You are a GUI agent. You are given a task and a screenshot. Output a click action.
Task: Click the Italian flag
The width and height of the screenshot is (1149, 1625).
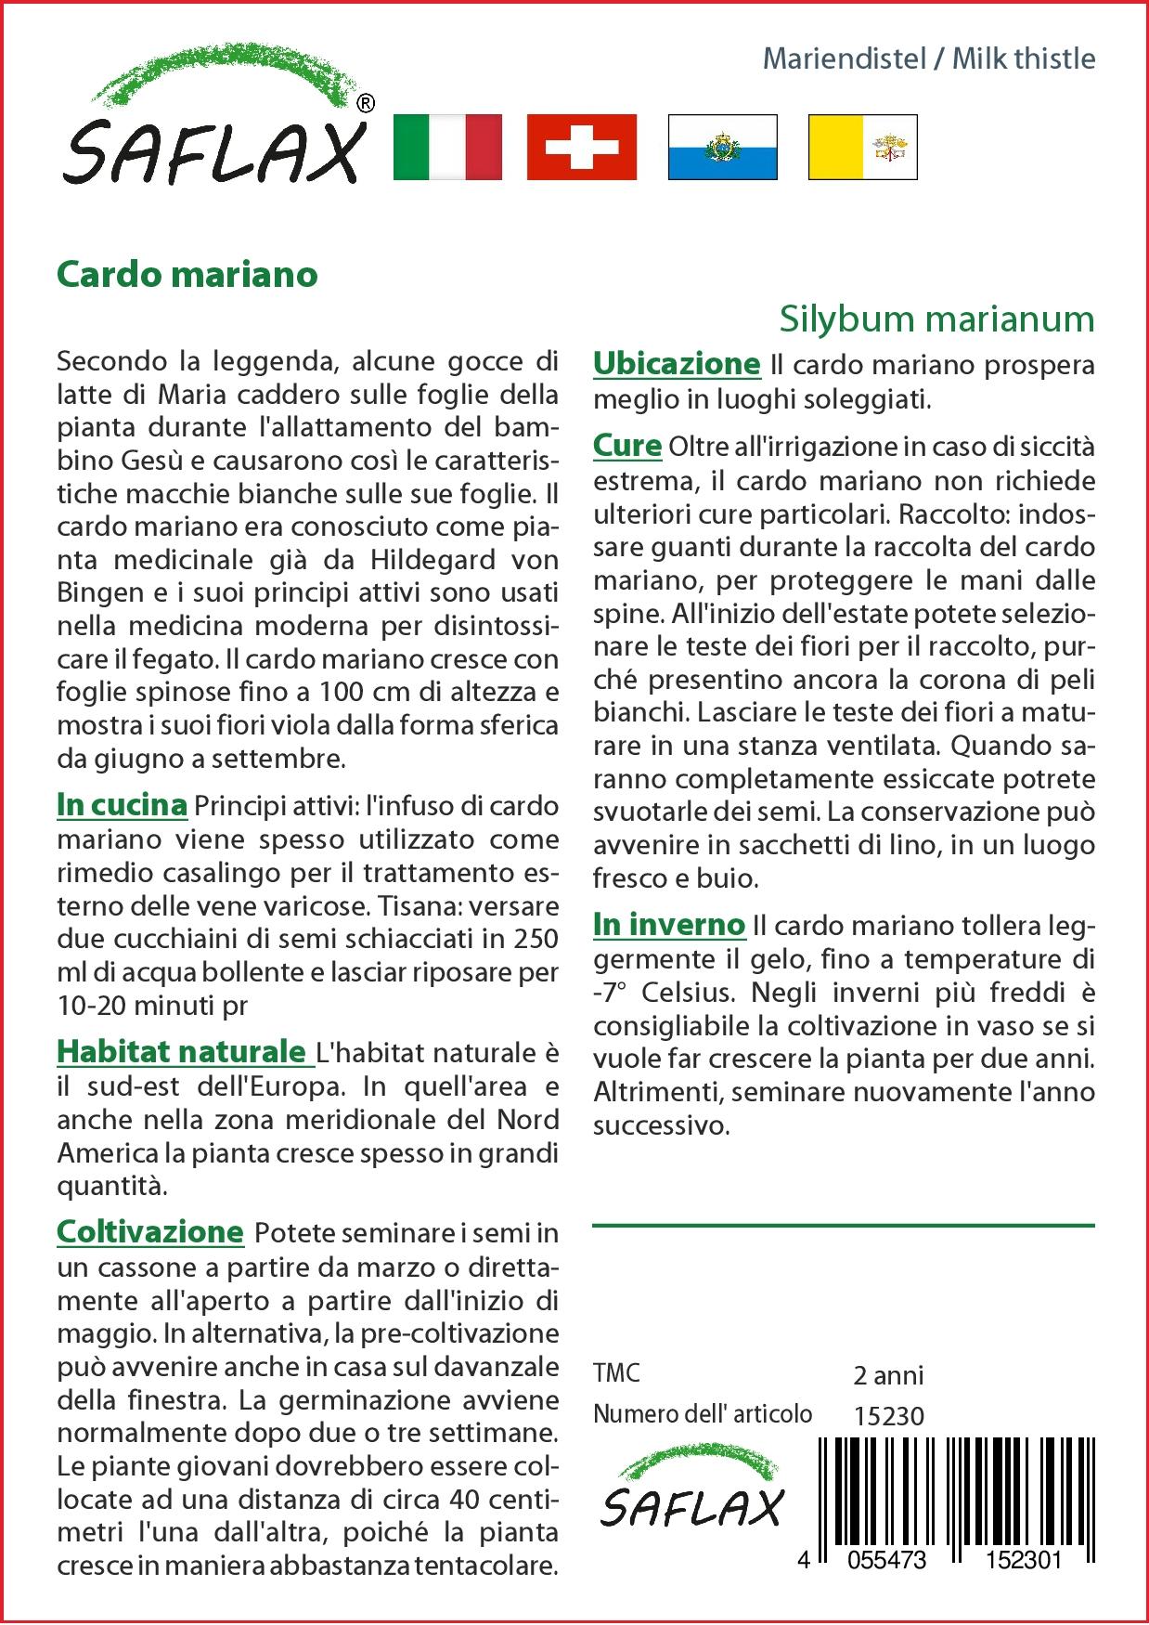point(447,147)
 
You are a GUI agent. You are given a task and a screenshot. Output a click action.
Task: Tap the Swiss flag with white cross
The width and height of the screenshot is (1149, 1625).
point(582,147)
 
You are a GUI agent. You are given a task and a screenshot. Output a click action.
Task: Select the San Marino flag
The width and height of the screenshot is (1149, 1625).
point(722,147)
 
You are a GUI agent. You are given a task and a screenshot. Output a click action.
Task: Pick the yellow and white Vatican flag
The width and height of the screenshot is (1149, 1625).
point(862,147)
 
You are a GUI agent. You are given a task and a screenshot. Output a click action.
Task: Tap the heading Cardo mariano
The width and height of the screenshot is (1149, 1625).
point(187,274)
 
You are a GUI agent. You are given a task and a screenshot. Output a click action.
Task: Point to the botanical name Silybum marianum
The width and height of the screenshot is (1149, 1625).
point(936,318)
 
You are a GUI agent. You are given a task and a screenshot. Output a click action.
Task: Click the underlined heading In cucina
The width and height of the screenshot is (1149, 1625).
point(122,804)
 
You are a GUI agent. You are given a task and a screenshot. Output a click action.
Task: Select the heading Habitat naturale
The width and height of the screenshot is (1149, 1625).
point(182,1051)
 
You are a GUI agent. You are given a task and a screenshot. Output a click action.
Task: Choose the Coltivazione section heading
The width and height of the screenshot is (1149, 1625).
point(149,1231)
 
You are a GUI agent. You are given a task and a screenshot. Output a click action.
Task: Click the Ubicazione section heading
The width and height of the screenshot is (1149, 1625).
point(677,363)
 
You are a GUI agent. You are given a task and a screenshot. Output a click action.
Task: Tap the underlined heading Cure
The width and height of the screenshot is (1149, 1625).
point(626,445)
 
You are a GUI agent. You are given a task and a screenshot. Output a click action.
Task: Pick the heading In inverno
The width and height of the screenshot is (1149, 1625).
point(669,924)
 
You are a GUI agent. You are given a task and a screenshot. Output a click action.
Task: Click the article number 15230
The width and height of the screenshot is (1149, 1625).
point(888,1416)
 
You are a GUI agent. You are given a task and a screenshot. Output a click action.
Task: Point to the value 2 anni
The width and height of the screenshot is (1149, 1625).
point(888,1374)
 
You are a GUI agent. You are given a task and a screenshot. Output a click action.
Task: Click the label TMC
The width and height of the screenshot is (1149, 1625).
point(616,1373)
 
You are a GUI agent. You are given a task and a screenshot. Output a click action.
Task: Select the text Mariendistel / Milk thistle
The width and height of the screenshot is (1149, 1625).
point(928,58)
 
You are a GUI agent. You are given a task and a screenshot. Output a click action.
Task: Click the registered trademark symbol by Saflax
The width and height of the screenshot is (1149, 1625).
point(366,104)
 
